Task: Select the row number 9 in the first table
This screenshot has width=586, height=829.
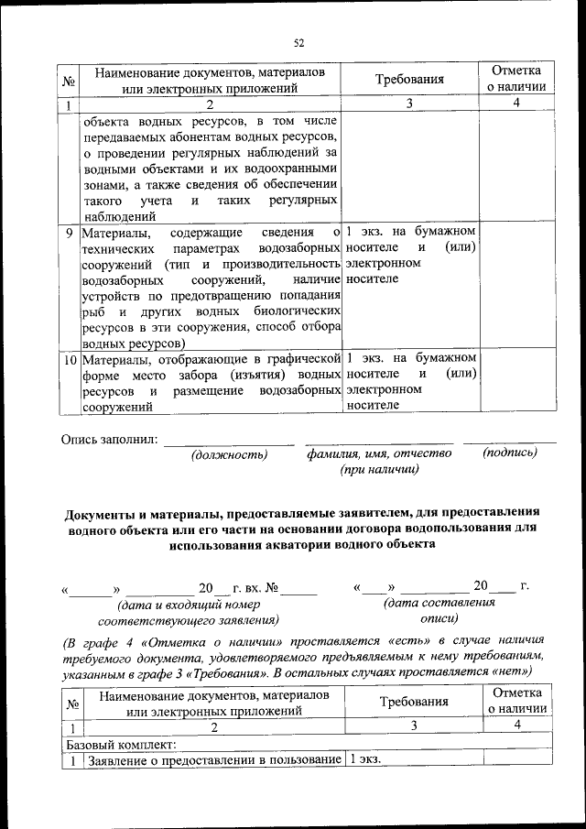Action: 71,233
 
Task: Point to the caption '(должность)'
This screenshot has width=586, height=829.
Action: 228,454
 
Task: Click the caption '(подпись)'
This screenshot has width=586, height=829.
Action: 509,453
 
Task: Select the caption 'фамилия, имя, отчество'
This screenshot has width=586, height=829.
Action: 379,453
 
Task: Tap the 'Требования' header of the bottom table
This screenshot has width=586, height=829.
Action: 415,702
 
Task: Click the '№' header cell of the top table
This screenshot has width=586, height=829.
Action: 69,81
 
